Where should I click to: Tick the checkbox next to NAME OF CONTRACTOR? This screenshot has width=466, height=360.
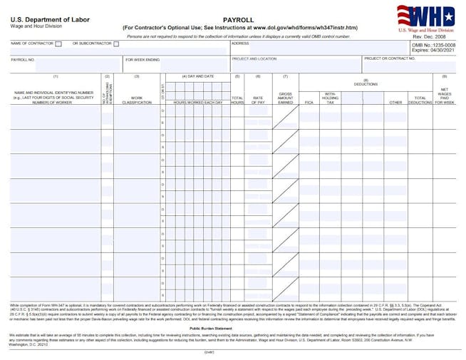[58, 44]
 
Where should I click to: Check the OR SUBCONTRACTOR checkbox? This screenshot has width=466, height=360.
[116, 44]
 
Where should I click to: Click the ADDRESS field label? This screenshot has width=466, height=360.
[240, 43]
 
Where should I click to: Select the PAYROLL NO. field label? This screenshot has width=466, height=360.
[23, 59]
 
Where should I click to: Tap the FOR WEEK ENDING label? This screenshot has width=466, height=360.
[143, 59]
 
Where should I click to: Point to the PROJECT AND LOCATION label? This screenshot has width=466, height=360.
[254, 59]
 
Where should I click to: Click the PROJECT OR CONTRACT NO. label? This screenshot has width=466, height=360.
[389, 59]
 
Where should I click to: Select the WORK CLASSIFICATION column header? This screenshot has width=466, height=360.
[137, 100]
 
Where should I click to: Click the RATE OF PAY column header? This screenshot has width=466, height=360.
[258, 100]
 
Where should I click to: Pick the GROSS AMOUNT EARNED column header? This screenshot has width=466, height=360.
[286, 98]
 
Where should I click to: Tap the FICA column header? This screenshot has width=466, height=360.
[309, 102]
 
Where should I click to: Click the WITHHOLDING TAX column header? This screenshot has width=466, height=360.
[330, 98]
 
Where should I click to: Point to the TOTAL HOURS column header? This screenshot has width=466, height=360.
[237, 100]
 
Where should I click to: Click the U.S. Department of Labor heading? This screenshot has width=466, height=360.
[50, 19]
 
